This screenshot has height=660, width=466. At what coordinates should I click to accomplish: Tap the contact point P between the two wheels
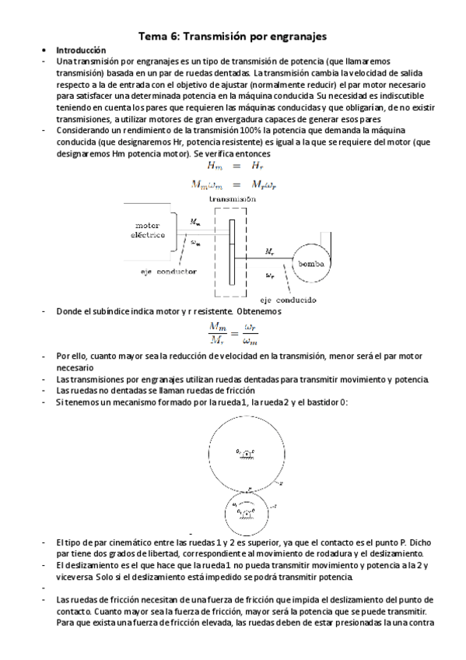(249, 488)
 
